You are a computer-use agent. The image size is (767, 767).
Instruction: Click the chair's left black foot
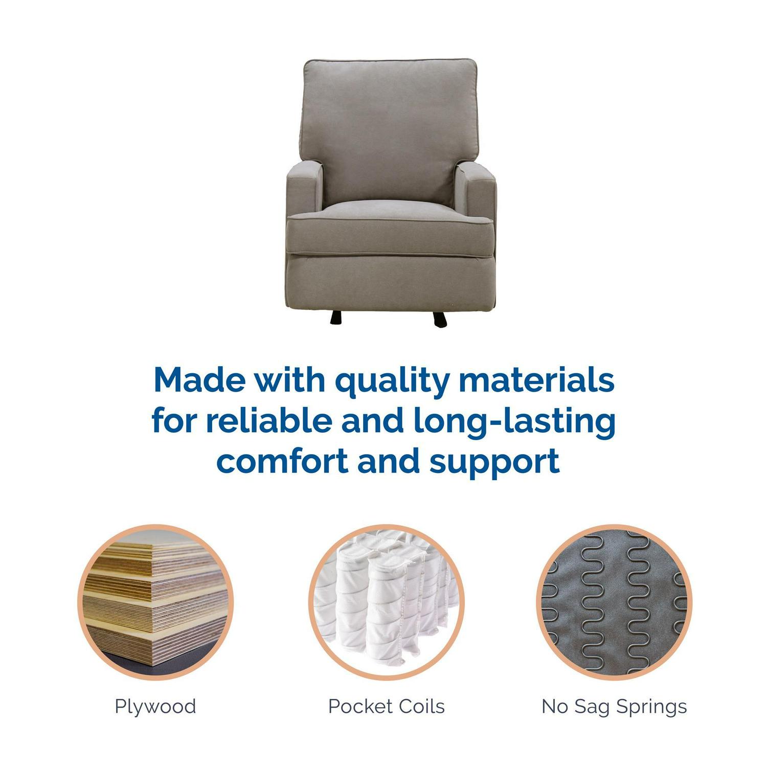[x=335, y=317]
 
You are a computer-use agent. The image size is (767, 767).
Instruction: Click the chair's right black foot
[x=440, y=319]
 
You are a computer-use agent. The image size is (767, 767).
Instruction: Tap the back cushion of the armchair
[x=390, y=130]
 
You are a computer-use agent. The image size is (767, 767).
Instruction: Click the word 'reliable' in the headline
[x=269, y=421]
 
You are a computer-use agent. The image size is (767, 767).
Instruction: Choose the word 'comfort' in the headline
[x=283, y=461]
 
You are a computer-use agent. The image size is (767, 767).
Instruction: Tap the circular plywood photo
[x=155, y=602]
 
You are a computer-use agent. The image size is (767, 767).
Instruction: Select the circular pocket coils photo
[x=387, y=602]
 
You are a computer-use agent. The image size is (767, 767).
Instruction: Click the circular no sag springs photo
[x=614, y=602]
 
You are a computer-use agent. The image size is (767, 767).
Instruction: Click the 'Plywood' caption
[x=155, y=707]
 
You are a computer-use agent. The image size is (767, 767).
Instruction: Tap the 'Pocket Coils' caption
[x=387, y=707]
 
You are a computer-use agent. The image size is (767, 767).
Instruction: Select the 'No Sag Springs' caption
[x=614, y=707]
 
